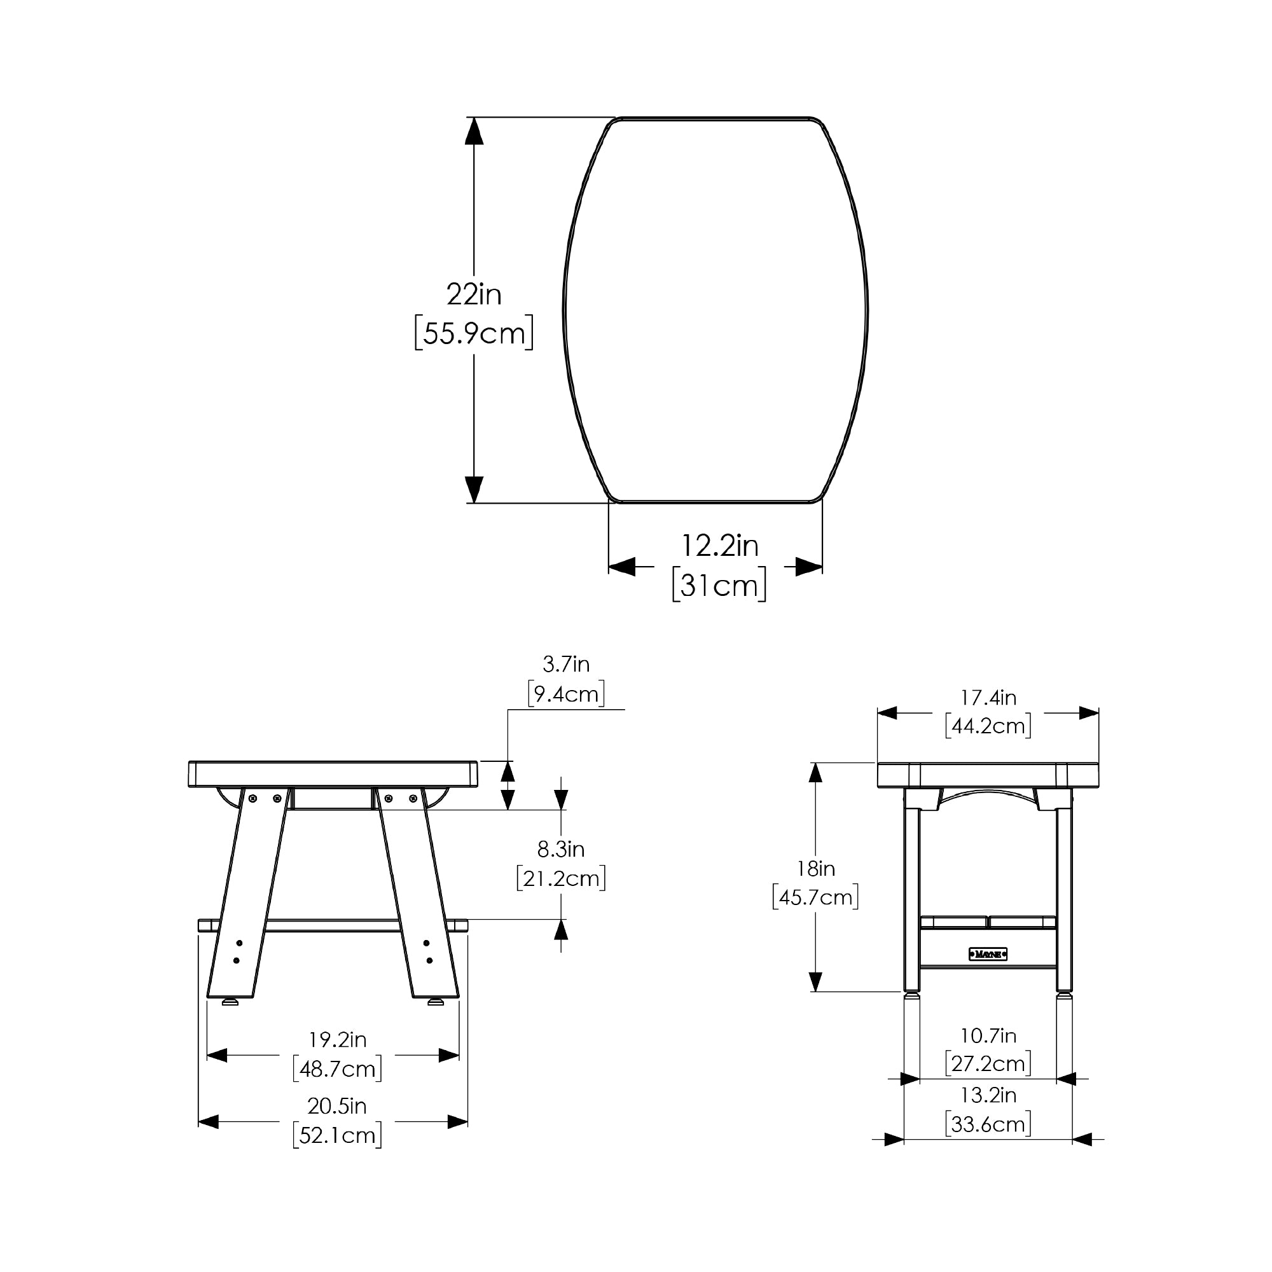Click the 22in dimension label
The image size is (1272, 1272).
(x=474, y=294)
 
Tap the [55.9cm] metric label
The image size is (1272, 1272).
(x=474, y=333)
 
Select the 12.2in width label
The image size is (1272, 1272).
(x=719, y=546)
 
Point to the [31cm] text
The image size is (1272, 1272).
(x=719, y=584)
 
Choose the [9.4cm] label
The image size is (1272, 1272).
(x=566, y=694)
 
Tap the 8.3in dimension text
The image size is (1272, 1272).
(x=561, y=849)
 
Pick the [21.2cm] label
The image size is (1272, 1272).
(x=561, y=879)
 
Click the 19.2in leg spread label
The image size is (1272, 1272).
(x=338, y=1040)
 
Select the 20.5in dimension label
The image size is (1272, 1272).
(x=337, y=1106)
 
